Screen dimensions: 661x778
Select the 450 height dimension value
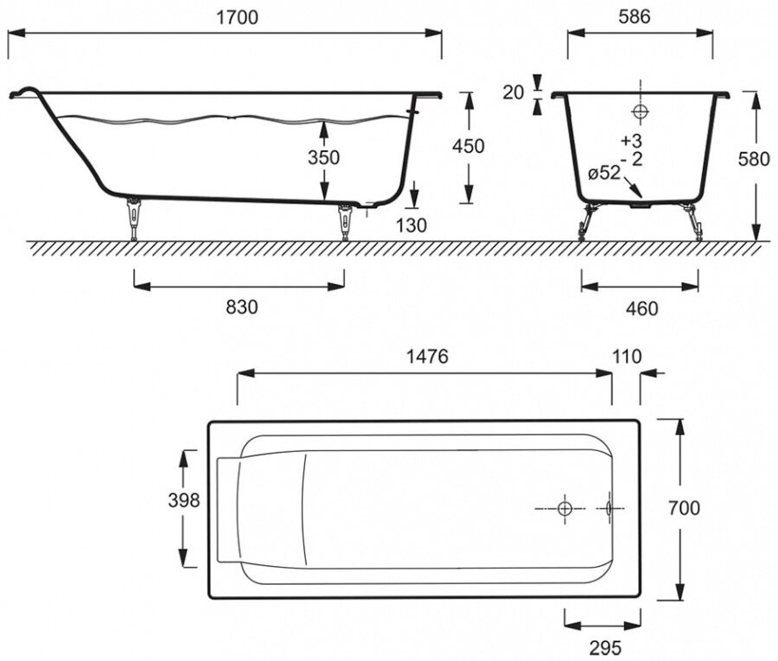click(x=469, y=146)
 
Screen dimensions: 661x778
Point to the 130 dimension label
click(x=412, y=226)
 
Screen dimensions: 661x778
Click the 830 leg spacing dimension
click(x=240, y=306)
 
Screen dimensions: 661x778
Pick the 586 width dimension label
click(x=640, y=16)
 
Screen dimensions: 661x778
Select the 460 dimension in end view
click(x=640, y=308)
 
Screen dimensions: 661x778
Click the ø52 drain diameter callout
click(x=604, y=173)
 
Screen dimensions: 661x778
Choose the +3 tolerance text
click(x=632, y=141)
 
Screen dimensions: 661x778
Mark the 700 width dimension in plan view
click(x=684, y=508)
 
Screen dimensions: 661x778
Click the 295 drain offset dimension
click(x=603, y=645)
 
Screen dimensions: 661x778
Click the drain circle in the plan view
click(x=564, y=508)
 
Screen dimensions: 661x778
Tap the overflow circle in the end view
click(x=641, y=111)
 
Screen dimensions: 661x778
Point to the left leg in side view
click(x=134, y=219)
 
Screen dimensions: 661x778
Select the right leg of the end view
click(x=693, y=220)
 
